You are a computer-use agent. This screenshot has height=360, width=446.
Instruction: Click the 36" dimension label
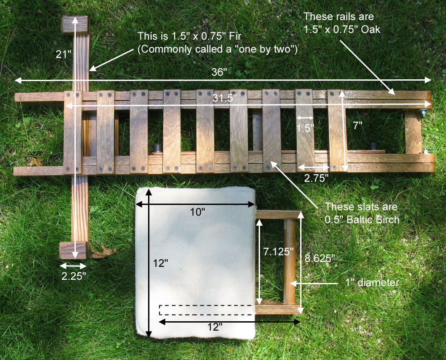[x=219, y=72]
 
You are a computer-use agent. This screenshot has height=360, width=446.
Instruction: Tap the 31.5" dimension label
[x=225, y=98]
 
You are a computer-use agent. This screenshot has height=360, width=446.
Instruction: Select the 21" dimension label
[x=63, y=54]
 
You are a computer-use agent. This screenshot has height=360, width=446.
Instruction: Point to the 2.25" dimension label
[x=74, y=276]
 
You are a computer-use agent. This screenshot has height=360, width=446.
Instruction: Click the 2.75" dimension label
[x=316, y=178]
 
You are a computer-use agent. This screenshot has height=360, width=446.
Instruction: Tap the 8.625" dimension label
[x=320, y=258]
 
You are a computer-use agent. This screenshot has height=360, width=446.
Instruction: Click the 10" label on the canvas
[x=198, y=212]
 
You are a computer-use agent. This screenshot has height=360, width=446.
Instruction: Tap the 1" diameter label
[x=372, y=283]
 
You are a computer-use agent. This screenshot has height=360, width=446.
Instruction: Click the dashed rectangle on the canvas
[x=206, y=310]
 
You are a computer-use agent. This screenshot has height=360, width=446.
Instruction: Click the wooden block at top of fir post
[x=75, y=25]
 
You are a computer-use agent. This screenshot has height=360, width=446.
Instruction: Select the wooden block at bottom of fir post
[x=74, y=250]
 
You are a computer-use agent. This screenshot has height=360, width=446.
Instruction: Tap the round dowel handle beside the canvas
[x=289, y=261]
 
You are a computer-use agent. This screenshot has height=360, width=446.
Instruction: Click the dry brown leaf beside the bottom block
[x=103, y=251]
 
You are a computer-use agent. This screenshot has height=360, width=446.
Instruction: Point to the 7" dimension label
[x=358, y=125]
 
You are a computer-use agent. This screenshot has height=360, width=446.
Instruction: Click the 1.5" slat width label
[x=305, y=128]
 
